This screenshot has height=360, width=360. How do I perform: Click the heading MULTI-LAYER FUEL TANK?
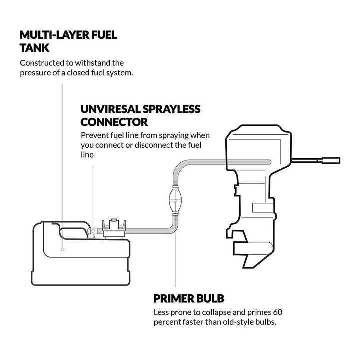coord(69,41)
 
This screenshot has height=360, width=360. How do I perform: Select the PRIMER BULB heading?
coord(188,299)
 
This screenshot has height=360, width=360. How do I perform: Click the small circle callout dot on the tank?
coord(62,249)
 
